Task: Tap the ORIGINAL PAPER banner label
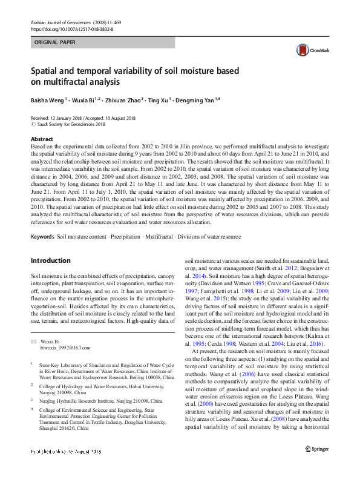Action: [x=56, y=43]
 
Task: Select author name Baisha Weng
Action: [x=47, y=99]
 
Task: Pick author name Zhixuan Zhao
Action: [x=123, y=99]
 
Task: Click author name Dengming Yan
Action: [x=195, y=99]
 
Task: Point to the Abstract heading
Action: [x=42, y=139]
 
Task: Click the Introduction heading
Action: [x=50, y=260]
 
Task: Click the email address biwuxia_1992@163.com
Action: [x=65, y=348]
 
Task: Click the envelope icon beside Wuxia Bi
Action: [x=33, y=342]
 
